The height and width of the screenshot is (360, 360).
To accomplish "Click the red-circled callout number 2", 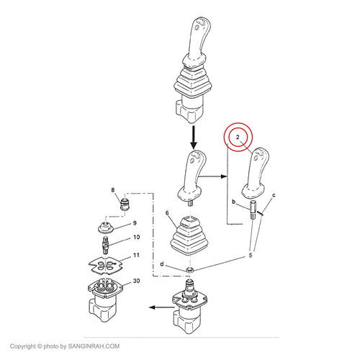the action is coord(238,137).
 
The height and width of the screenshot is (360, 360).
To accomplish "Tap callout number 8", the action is coord(113,190).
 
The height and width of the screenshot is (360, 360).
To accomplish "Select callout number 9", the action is coord(135,223).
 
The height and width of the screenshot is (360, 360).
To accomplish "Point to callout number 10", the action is coord(136,237).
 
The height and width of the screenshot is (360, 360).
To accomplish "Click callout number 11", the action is coord(136,255).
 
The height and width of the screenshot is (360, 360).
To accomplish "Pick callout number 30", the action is coord(136,281).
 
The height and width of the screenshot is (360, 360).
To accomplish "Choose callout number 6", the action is coord(167,213).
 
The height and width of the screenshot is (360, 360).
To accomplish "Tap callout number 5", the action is coord(251,255).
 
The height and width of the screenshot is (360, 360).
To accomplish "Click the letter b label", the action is coord(233,202).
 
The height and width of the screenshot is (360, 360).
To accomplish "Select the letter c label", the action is coord(274,195).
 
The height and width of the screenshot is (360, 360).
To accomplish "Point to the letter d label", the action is coord(162,264).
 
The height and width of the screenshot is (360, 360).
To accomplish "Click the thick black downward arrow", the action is coord(194,138).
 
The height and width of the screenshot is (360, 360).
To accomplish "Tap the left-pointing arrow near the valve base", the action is coord(161,307).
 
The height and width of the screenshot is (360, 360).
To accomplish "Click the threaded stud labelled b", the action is coord(253,210).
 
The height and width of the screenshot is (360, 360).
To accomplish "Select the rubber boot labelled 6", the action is coord(190,235).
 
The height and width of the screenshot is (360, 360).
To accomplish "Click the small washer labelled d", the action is coord(190,269).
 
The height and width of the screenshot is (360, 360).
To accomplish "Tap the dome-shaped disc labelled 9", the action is coord(106,228).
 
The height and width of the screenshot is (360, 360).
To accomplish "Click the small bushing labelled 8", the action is coord(125,204).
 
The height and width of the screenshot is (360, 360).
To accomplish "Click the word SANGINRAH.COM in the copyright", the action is coord(94,346).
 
